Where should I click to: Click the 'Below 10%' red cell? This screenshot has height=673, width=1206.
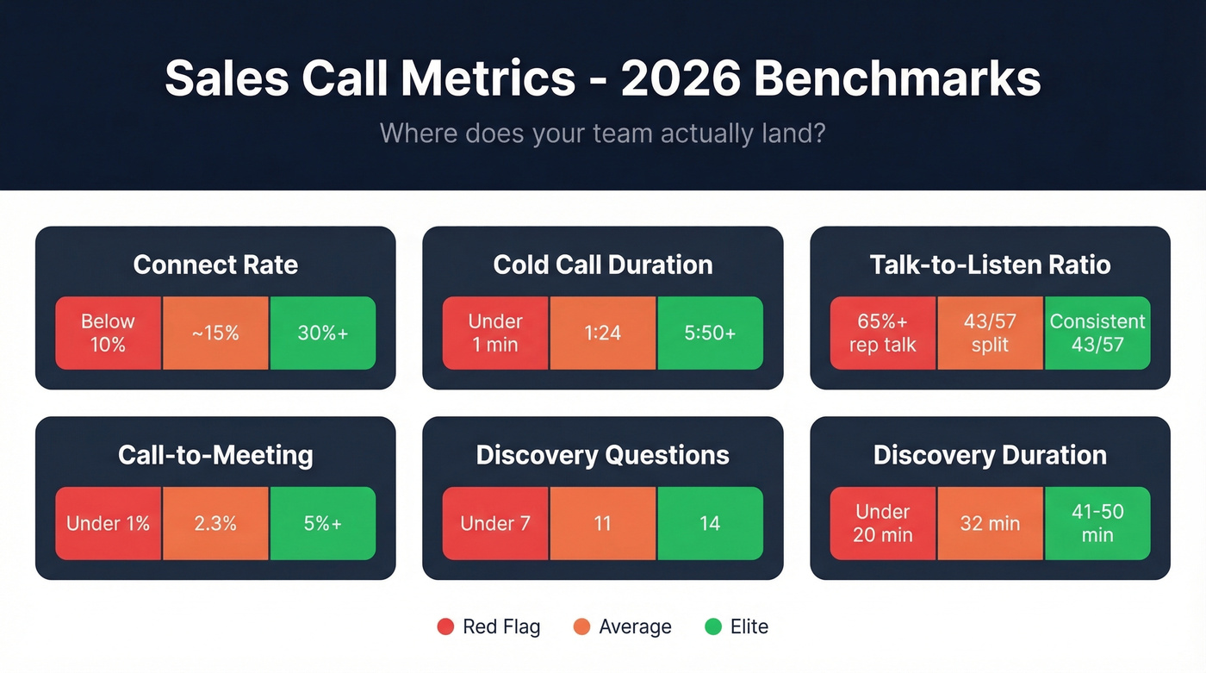(x=109, y=333)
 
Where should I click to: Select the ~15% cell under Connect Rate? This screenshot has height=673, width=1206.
(x=215, y=333)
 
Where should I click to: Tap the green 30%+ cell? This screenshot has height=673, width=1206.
(x=322, y=333)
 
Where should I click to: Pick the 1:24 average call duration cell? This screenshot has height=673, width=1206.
(x=602, y=333)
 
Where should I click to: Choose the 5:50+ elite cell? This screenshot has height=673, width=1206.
(x=710, y=333)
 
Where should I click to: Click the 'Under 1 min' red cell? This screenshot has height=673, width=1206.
(x=495, y=333)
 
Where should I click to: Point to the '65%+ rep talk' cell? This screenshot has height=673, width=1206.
(x=883, y=333)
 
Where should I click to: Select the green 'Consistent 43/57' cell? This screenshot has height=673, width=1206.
(x=1097, y=333)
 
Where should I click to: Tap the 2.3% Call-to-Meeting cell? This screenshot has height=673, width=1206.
(x=215, y=523)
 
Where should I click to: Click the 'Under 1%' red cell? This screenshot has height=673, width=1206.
(x=109, y=523)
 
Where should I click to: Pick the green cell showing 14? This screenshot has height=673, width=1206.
(x=710, y=523)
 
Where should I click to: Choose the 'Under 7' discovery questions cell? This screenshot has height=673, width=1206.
(x=495, y=523)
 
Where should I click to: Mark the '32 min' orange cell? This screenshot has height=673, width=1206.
(x=990, y=523)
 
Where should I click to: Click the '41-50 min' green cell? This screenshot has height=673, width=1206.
(x=1097, y=523)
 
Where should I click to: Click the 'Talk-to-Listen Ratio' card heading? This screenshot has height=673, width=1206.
(x=990, y=265)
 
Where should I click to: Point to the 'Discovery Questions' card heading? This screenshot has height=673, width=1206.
(x=602, y=455)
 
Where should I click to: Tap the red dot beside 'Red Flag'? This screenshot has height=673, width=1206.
(x=445, y=626)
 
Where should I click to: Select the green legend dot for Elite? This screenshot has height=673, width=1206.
(x=713, y=626)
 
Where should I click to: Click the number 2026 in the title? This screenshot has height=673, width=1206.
(x=680, y=79)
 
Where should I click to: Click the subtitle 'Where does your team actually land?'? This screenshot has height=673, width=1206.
(x=602, y=134)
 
